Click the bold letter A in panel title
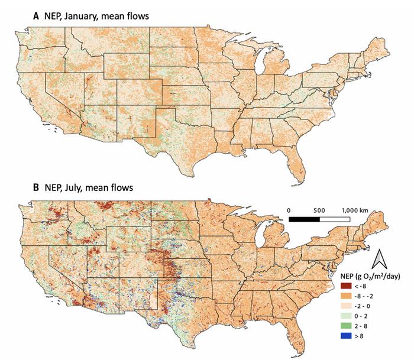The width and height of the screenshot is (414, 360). [35, 16]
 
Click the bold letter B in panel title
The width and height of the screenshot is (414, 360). [35, 188]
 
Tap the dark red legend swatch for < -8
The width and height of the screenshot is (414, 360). [345, 286]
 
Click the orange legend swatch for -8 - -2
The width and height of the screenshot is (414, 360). [345, 296]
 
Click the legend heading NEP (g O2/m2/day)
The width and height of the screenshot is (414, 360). [372, 275]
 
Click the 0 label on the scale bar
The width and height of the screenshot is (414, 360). [290, 210]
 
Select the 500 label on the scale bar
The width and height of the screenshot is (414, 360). [319, 210]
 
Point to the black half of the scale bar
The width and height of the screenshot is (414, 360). [304, 219]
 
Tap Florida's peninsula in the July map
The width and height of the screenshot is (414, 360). [299, 331]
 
